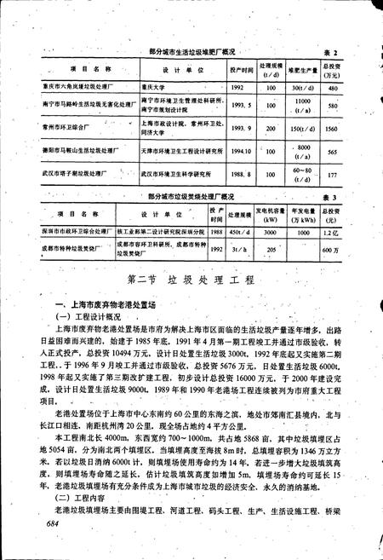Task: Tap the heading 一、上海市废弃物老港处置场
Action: (103, 305)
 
